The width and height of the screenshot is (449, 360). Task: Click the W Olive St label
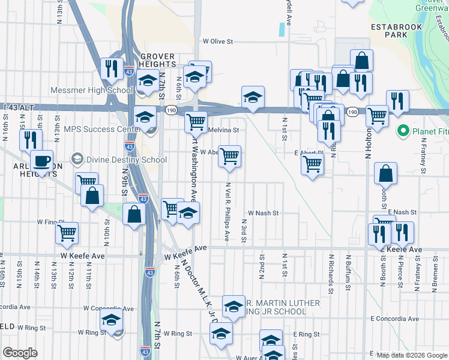217,41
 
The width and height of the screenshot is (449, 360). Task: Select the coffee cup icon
41,161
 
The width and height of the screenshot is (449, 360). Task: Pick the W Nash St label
264,213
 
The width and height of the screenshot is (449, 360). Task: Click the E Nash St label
402,212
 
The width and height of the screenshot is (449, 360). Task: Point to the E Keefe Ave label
409,249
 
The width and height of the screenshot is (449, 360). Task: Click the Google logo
20,353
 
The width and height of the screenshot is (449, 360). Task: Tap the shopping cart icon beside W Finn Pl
67,232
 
